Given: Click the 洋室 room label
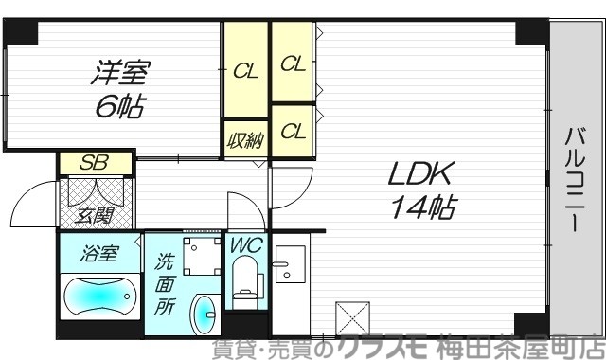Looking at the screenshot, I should [x=121, y=71].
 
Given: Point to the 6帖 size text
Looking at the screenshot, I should [x=120, y=107].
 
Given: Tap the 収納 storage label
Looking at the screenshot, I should [x=245, y=142].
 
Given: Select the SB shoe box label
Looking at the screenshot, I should [x=93, y=162].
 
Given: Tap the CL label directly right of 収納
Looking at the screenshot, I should [x=293, y=133].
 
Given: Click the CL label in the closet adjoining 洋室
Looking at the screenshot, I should [x=245, y=71].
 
